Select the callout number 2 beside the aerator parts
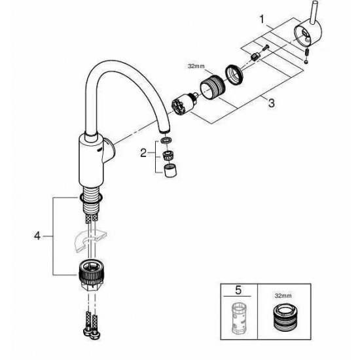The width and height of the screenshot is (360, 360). click(x=144, y=154)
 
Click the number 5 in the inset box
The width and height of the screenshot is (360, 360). click(x=240, y=289)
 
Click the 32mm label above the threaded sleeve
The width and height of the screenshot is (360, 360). click(x=196, y=65)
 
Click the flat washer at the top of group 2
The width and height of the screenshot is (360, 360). click(x=166, y=141)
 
